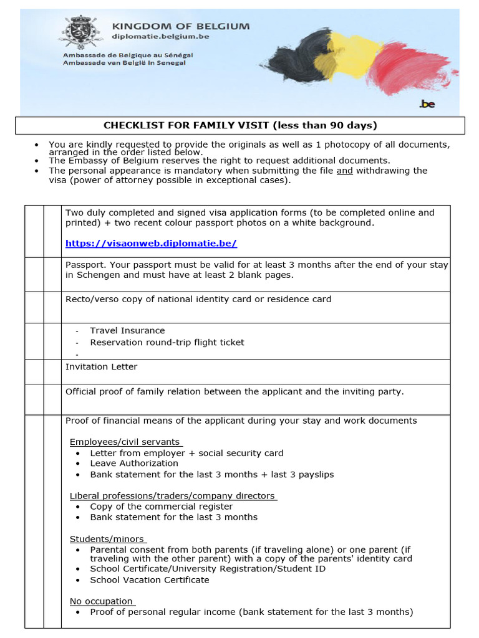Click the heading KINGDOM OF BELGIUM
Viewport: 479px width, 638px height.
pos(180,26)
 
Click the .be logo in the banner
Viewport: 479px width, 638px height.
pos(427,104)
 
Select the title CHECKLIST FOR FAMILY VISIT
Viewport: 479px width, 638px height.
pos(240,125)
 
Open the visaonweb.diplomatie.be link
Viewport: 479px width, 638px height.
pos(151,244)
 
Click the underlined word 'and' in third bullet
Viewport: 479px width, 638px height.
pos(344,171)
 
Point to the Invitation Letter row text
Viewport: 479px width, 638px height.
pos(101,367)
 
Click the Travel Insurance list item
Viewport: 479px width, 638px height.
pos(127,331)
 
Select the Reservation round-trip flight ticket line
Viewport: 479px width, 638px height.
pos(167,343)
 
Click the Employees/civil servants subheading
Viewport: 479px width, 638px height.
pos(125,442)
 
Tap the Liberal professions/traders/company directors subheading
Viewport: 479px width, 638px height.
pos(172,496)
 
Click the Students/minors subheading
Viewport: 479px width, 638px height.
pos(107,539)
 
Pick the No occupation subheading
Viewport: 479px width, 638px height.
pos(101,601)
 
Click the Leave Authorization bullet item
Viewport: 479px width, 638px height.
pos(133,464)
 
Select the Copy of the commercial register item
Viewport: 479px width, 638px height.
pos(161,507)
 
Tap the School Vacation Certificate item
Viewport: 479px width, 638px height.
pos(149,580)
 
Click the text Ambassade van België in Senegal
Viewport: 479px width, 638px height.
pos(124,63)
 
